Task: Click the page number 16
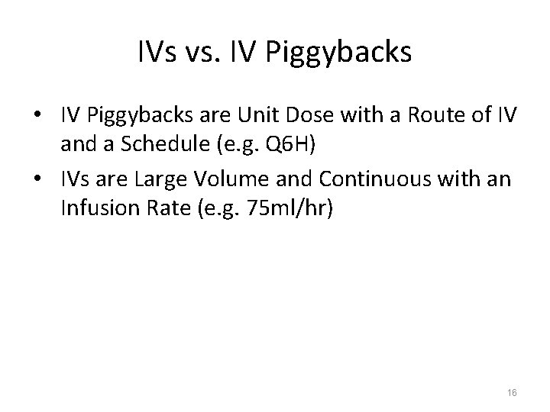[x=511, y=391]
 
